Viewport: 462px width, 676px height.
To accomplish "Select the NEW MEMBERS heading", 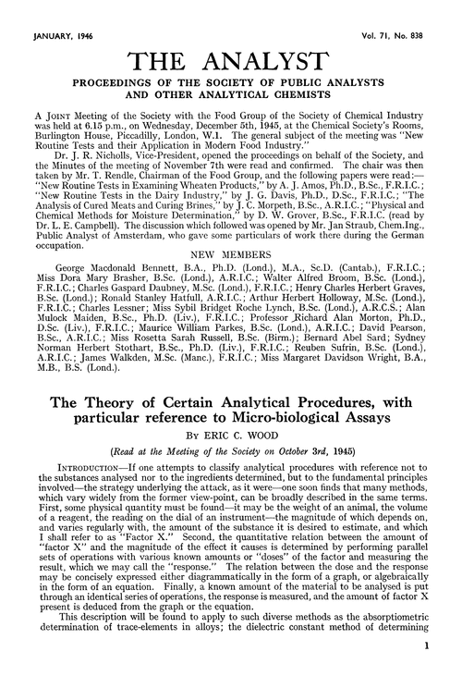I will click(231, 224).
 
